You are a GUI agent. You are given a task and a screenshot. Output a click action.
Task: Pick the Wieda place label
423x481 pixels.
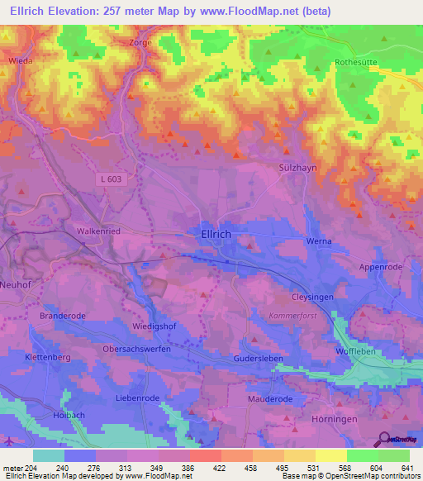(x=20, y=60)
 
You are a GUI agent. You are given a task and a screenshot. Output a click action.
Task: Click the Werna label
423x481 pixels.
(x=319, y=241)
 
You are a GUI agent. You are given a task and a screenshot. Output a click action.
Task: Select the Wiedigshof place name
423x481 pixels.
(x=155, y=326)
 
